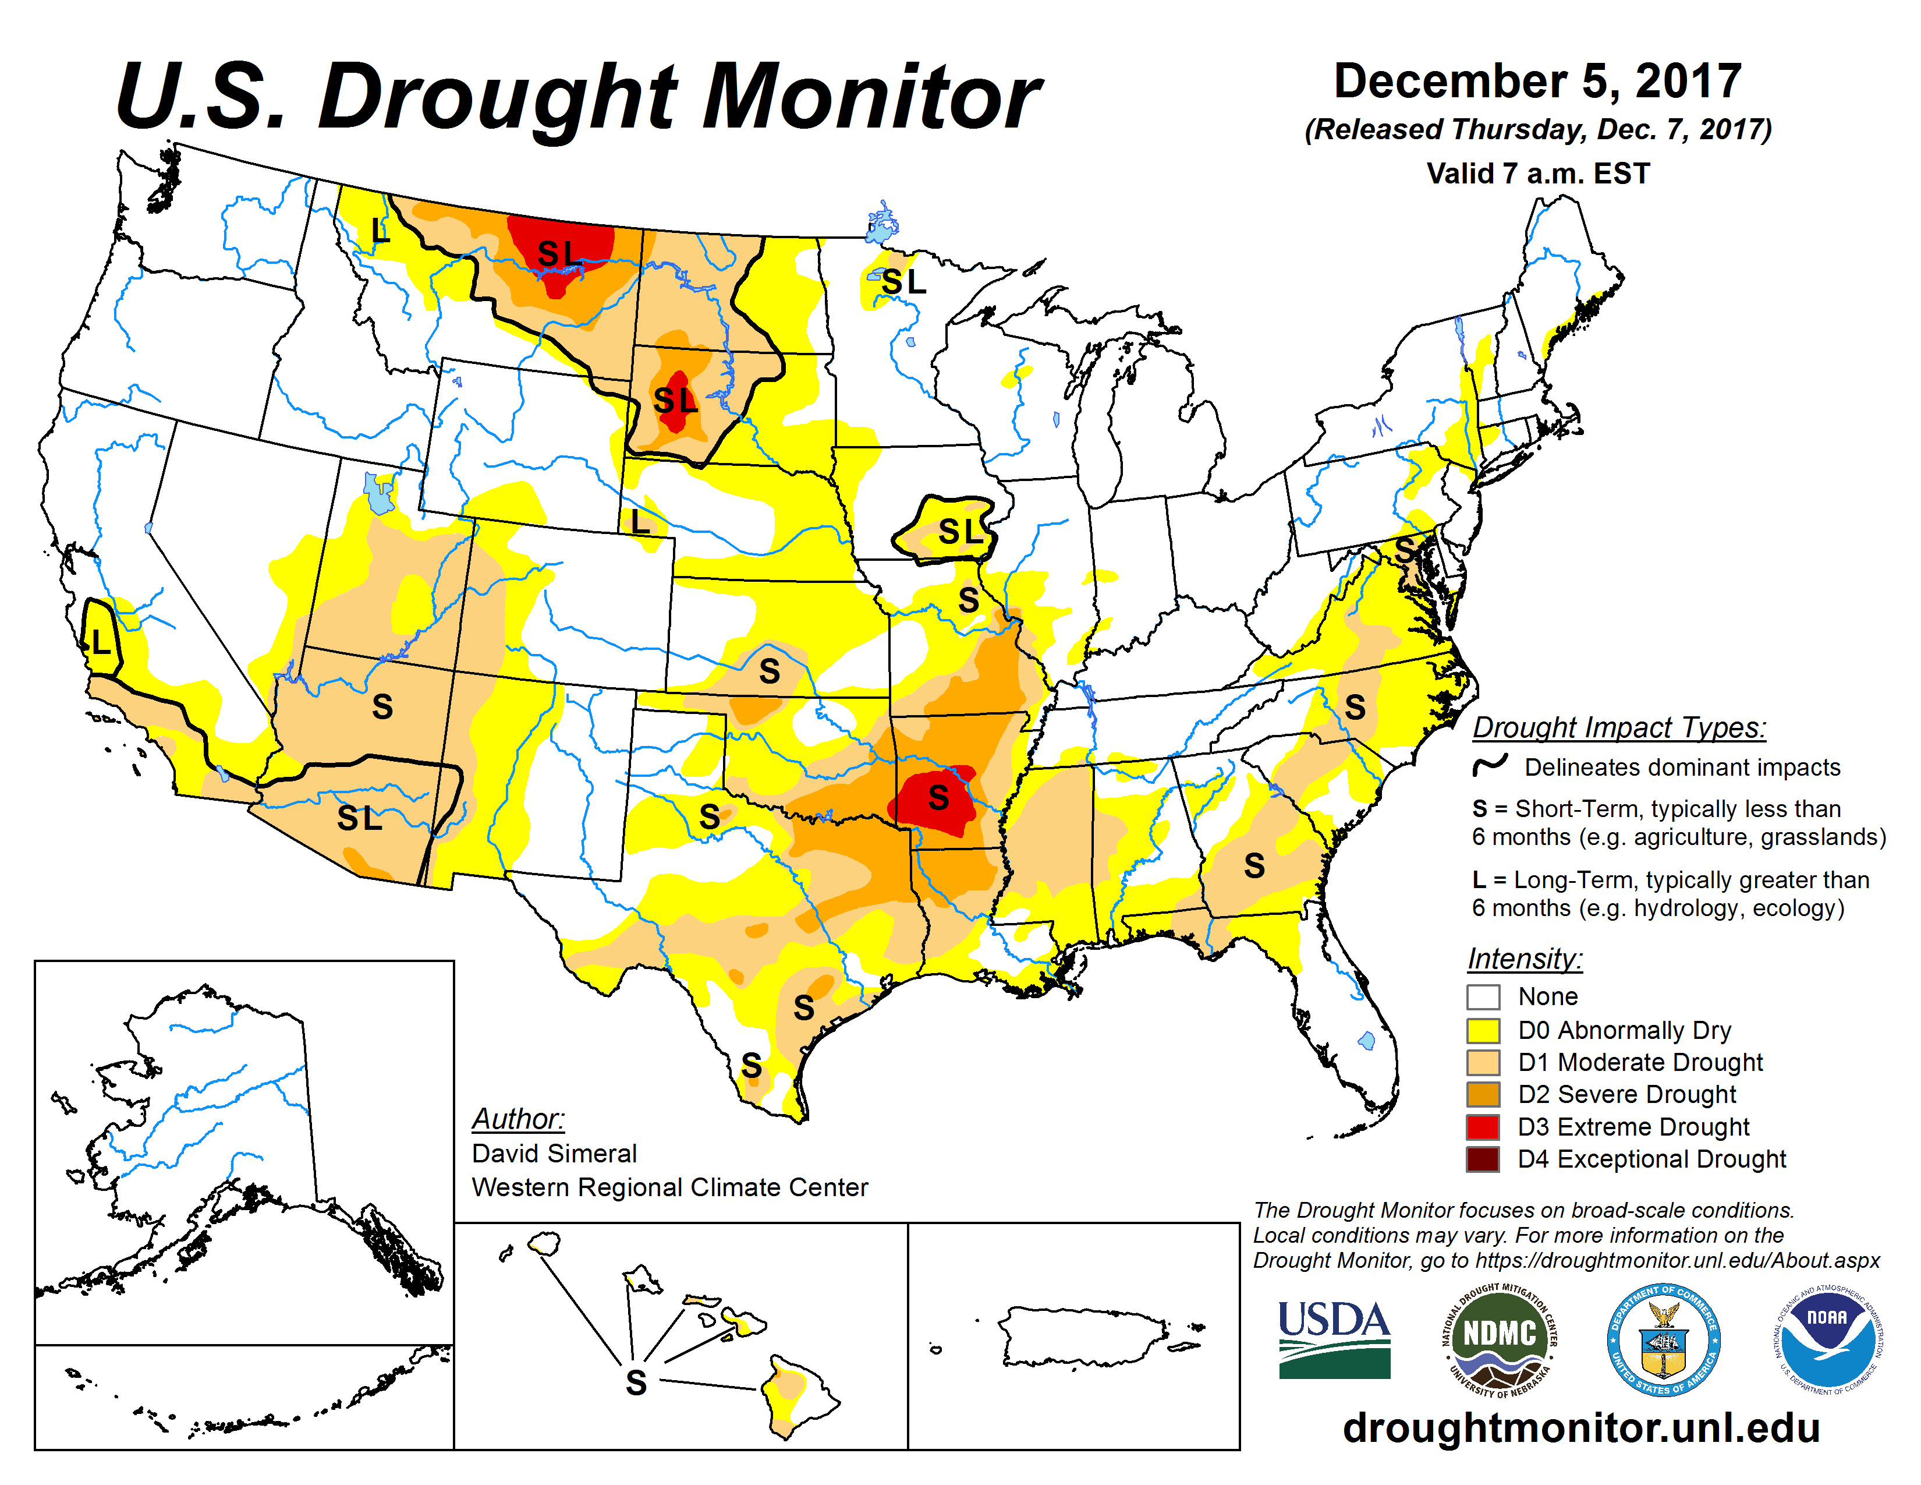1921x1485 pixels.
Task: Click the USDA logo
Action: [1334, 1338]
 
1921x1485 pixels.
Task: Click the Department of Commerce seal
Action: [1663, 1338]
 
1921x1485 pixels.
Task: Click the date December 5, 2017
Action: [1537, 81]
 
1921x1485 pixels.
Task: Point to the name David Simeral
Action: [554, 1153]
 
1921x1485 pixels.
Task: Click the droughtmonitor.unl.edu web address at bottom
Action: [1580, 1427]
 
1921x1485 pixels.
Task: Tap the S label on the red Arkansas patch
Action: [938, 798]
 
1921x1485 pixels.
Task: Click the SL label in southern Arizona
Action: [360, 818]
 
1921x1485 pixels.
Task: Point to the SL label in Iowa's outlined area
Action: [959, 531]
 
